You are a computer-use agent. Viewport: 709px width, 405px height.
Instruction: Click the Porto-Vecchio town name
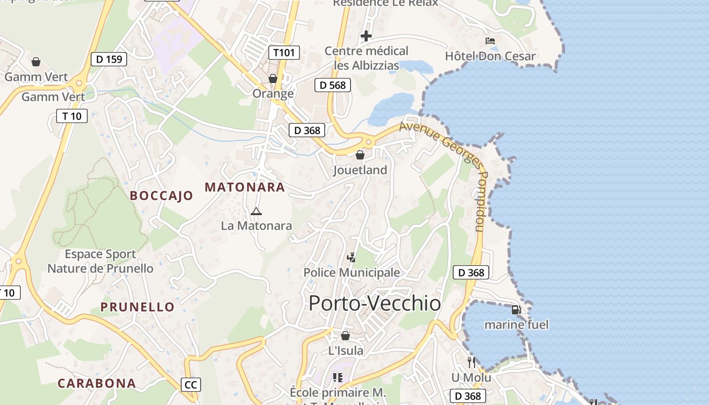pos(375,303)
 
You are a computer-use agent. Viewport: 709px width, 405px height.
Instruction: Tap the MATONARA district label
pos(245,187)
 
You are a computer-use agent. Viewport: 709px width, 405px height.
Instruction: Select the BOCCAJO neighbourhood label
pos(162,196)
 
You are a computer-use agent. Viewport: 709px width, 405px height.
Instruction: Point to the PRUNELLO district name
pos(137,307)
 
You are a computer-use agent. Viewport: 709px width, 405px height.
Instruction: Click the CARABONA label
pos(97,383)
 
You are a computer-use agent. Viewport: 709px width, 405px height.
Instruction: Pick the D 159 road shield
pos(109,59)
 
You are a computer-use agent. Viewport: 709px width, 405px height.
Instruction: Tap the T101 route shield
pos(284,52)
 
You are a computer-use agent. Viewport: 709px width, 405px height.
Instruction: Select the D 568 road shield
pos(333,85)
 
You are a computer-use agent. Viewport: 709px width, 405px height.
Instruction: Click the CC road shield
pos(191,385)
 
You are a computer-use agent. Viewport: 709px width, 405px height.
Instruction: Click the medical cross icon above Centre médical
pos(366,36)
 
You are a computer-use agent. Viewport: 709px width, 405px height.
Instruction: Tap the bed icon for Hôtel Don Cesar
pos(490,41)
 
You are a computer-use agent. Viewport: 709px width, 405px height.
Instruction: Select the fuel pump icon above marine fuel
pos(516,310)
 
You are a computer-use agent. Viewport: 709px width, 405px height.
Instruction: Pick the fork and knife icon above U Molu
pos(471,362)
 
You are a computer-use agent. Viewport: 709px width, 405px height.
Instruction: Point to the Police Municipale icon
pos(351,258)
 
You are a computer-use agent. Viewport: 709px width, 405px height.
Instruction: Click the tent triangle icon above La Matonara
pos(256,211)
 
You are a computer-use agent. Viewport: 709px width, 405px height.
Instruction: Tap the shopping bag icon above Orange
pos(273,79)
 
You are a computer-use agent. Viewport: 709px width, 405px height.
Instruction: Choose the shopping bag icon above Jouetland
pos(360,155)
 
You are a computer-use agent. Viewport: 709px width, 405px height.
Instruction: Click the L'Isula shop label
pos(345,350)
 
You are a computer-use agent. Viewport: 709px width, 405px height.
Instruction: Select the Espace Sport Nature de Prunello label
pos(100,261)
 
